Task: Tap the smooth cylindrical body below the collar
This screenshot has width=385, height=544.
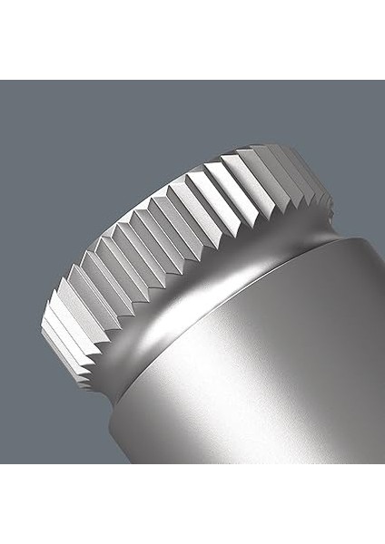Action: (x=272, y=381)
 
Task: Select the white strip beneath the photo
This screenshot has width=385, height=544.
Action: (x=192, y=504)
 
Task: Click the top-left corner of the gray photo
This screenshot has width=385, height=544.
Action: (x=1, y=82)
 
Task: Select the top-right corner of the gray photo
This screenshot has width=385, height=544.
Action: (x=383, y=82)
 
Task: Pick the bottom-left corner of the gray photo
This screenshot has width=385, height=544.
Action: (x=1, y=462)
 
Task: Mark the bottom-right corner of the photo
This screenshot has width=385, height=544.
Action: (x=383, y=462)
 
